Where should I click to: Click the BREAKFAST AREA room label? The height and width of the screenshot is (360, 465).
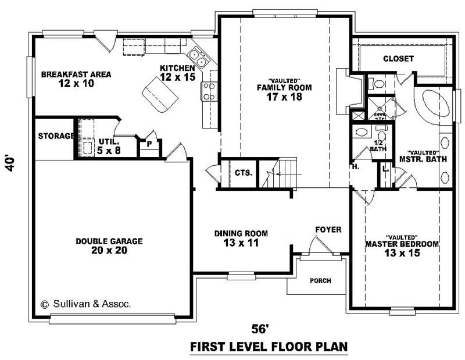tap(76, 74)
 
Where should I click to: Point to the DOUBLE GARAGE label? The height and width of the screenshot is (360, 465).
tap(109, 241)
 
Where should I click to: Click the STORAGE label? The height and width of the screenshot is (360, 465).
tap(55, 137)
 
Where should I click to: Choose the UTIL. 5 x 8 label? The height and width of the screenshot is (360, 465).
tap(109, 145)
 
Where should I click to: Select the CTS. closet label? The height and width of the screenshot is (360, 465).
tap(244, 173)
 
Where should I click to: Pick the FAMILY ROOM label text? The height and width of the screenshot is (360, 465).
tap(284, 88)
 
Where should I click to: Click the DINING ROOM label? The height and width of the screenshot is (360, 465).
tap(241, 233)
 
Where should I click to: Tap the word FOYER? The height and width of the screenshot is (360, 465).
tap(328, 229)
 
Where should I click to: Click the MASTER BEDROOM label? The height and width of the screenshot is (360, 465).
tap(401, 244)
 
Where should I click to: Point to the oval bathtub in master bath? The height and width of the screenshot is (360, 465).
tap(434, 105)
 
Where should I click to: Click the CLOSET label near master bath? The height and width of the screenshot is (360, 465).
tap(398, 59)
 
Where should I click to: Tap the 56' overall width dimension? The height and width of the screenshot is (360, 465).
tap(260, 329)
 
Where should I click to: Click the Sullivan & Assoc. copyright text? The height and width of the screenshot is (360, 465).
tap(86, 303)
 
